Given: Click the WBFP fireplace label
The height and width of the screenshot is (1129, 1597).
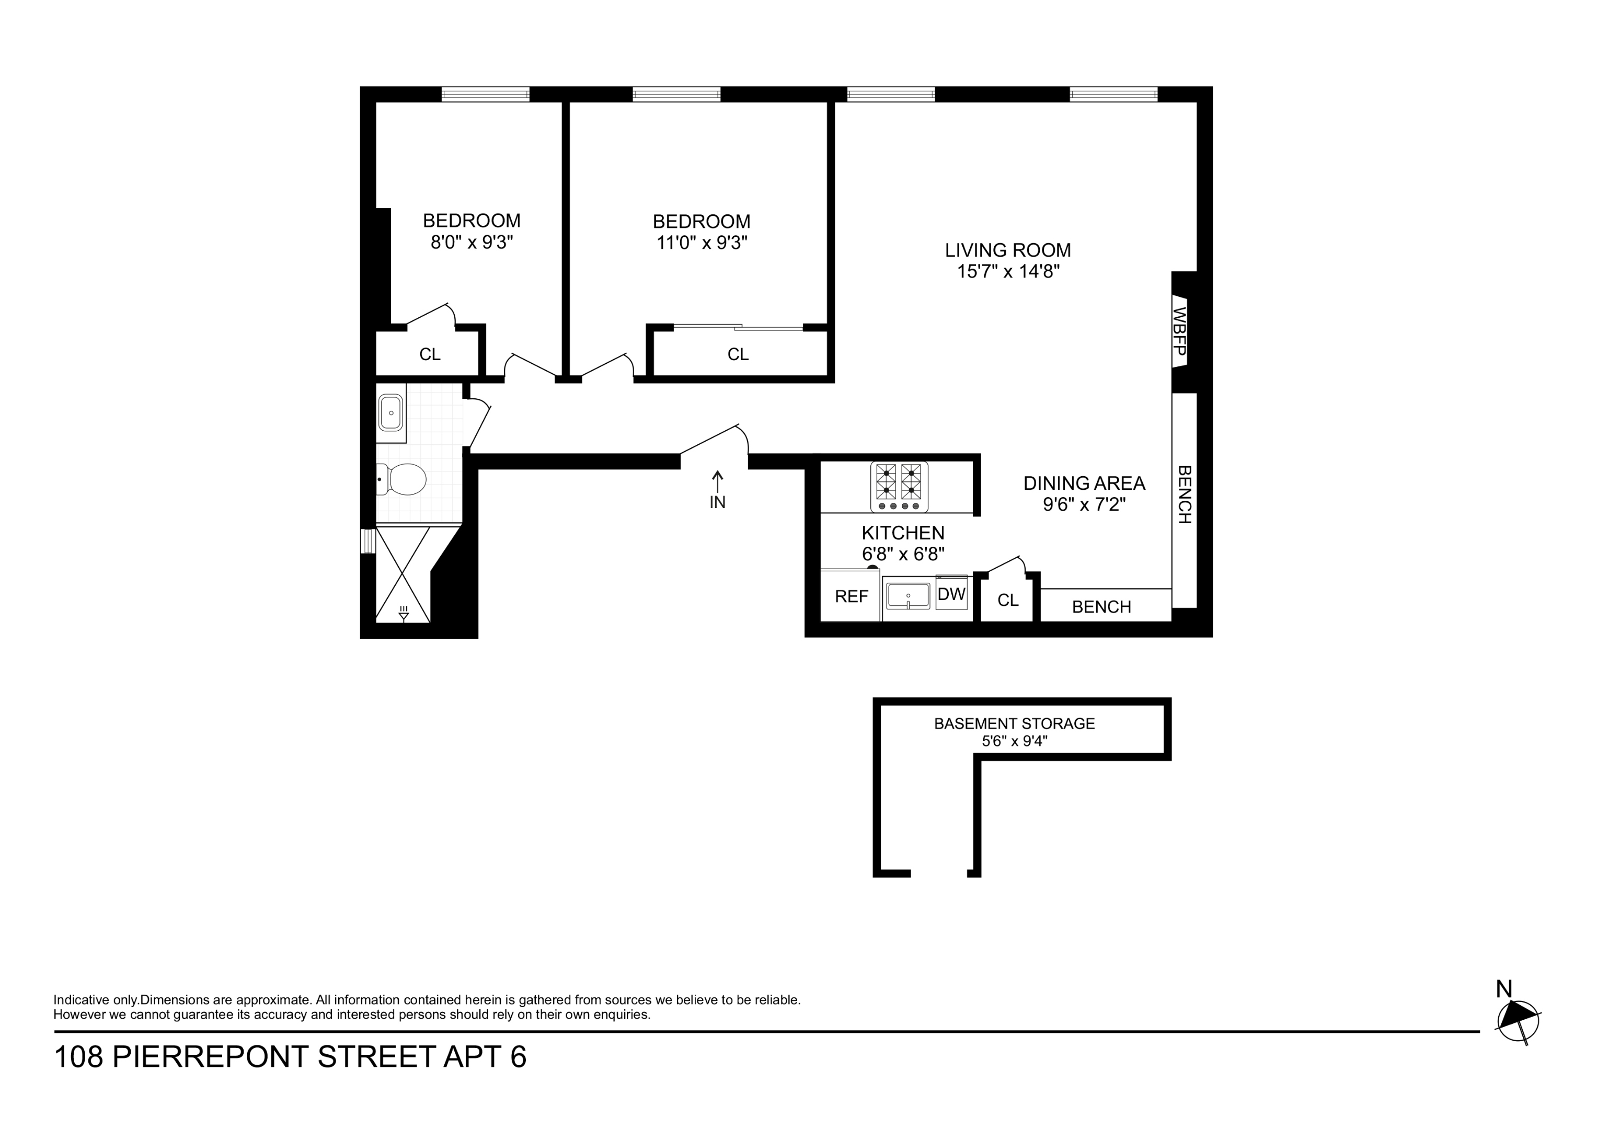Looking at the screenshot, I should click(x=1180, y=331).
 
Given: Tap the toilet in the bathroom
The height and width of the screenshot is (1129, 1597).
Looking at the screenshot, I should click(x=404, y=479).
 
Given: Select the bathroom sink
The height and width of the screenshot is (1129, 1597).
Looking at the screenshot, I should click(x=391, y=413).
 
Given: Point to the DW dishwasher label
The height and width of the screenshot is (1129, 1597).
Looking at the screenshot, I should click(x=951, y=595).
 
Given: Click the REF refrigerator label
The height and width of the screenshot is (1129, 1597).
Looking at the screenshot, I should click(x=852, y=597).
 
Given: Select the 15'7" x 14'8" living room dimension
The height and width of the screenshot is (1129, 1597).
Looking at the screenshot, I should click(x=1008, y=271).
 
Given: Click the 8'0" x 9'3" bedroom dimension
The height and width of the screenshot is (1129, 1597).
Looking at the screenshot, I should click(x=472, y=242).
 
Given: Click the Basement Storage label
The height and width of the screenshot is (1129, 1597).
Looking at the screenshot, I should click(x=1014, y=723).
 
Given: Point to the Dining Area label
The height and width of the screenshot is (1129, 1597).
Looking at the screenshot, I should click(x=1084, y=483).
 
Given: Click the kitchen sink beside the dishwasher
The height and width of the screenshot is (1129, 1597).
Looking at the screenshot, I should click(x=907, y=597).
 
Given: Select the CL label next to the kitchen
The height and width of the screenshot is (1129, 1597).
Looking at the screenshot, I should click(x=1008, y=601).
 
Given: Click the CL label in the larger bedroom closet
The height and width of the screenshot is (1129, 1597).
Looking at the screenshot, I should click(x=738, y=355).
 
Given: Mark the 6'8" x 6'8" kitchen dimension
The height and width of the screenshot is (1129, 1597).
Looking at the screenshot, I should click(x=903, y=555).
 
